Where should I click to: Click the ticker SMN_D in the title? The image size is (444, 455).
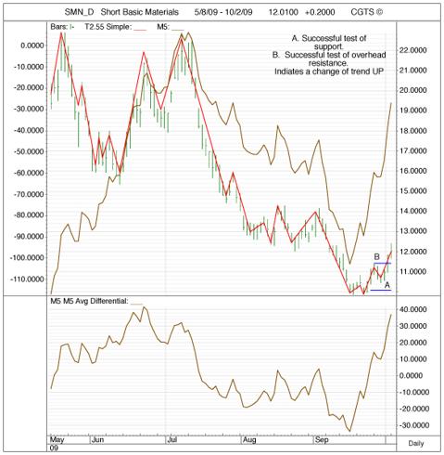coord(79,12)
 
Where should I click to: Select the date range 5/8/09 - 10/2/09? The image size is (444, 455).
coord(223,12)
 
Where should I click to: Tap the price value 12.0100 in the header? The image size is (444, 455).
coord(283,12)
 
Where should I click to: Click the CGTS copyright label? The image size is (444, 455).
coord(366,12)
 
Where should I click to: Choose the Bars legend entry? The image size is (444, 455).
coord(62,27)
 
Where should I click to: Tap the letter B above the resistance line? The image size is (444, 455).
coord(376,256)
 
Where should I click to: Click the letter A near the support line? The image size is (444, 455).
coord(387,285)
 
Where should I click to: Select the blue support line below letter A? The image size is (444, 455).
coord(381,290)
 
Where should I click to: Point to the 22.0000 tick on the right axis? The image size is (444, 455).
coord(412,50)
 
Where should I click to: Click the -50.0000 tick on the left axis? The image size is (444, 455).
coord(28,151)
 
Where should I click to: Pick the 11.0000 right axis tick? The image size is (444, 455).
coord(412,272)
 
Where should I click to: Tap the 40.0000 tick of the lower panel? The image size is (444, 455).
coord(412,309)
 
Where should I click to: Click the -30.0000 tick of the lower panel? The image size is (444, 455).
coord(412,425)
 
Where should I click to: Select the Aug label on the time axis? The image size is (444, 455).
coord(249,440)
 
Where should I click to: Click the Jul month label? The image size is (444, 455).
coord(171,440)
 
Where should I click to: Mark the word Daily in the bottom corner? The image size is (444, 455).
coord(416,444)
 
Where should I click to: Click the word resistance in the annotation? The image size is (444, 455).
coord(328,63)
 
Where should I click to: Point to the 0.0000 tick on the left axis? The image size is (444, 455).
coord(32,45)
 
